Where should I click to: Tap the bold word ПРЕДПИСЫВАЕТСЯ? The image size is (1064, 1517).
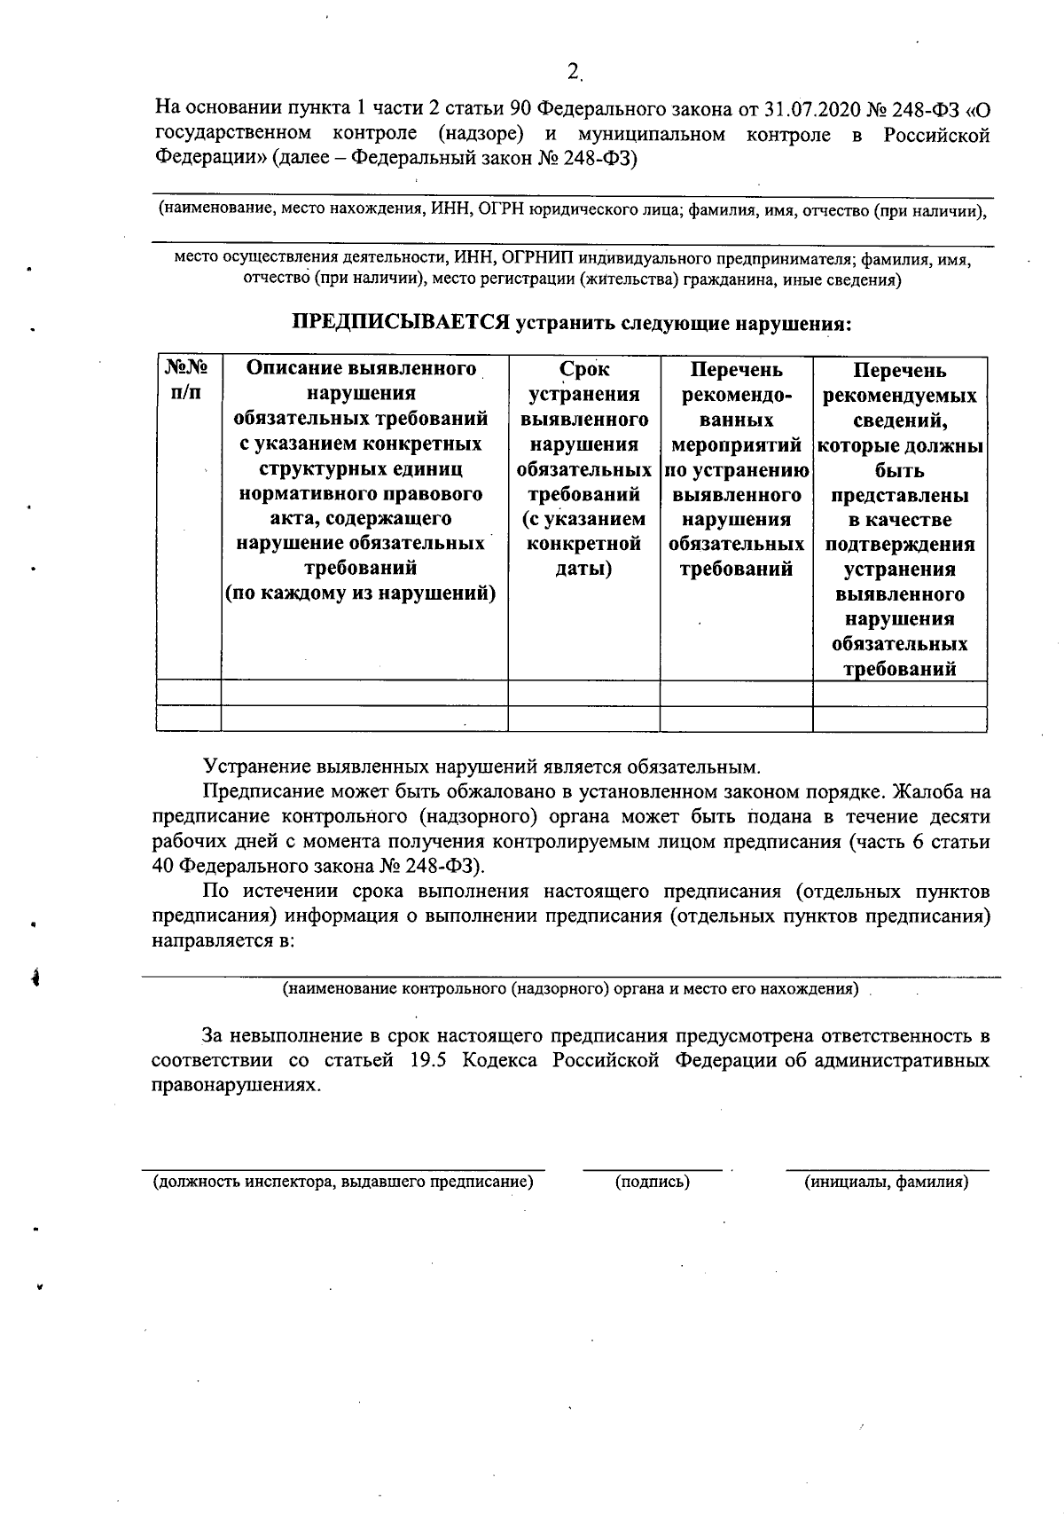[x=402, y=323]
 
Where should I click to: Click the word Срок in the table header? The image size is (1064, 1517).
[x=584, y=369]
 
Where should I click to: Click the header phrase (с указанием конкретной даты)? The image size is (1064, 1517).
[x=584, y=543]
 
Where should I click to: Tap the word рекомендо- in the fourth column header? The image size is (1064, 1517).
[x=736, y=394]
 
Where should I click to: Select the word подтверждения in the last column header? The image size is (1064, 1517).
[x=899, y=544]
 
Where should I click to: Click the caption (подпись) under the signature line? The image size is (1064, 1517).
[x=652, y=1182]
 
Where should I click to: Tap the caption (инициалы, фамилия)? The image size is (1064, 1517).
[x=886, y=1182]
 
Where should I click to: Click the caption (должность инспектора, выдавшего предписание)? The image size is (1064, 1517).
[x=343, y=1182]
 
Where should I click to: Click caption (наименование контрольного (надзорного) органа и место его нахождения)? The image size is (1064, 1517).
[x=570, y=988]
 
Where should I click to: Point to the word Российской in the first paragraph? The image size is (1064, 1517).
[x=936, y=135]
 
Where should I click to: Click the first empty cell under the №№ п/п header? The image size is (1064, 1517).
[x=188, y=693]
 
